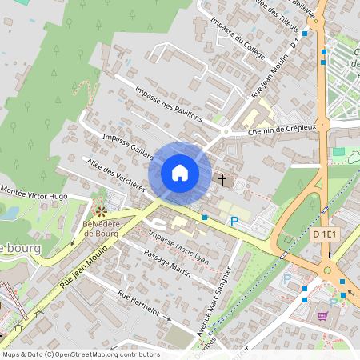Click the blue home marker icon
(x=180, y=173)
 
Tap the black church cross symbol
(x=223, y=180)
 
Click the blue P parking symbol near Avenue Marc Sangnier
(x=234, y=222)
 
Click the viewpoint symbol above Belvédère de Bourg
(x=101, y=210)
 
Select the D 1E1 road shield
(x=326, y=234)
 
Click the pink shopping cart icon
(x=322, y=315)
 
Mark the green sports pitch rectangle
(x=338, y=151)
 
